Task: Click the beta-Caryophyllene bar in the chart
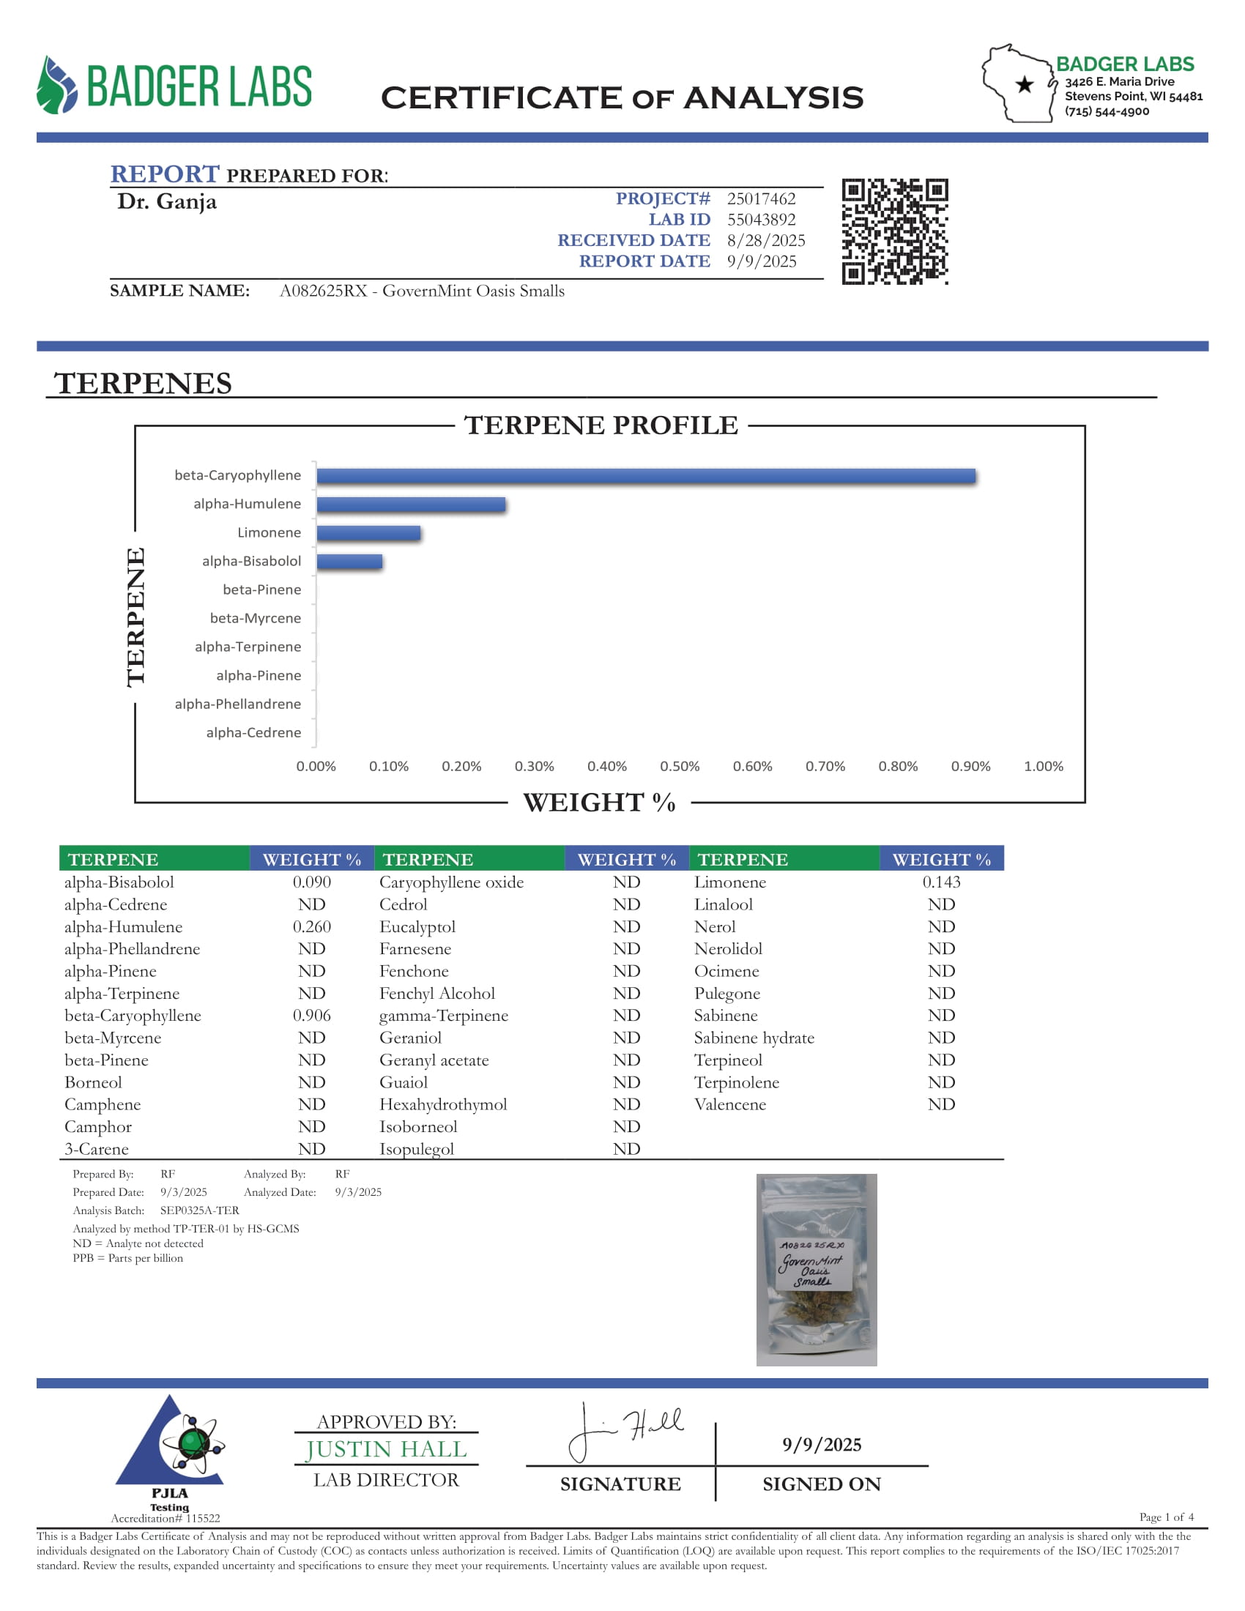[645, 477]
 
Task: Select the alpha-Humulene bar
[411, 505]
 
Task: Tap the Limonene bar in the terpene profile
[368, 533]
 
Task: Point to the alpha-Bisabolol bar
[349, 562]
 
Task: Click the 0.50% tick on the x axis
[680, 767]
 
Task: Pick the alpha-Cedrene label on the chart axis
[253, 732]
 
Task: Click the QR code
[895, 231]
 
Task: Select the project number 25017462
[761, 199]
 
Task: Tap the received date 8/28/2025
[765, 240]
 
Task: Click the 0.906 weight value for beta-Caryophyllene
[311, 1016]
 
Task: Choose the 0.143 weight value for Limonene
[941, 882]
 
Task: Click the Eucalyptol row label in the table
[417, 927]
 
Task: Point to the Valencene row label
[729, 1105]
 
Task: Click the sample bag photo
[817, 1270]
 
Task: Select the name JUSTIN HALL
[387, 1449]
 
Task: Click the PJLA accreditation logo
[171, 1449]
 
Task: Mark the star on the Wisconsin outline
[1024, 85]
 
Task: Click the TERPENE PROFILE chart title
[601, 425]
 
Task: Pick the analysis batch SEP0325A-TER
[199, 1210]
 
